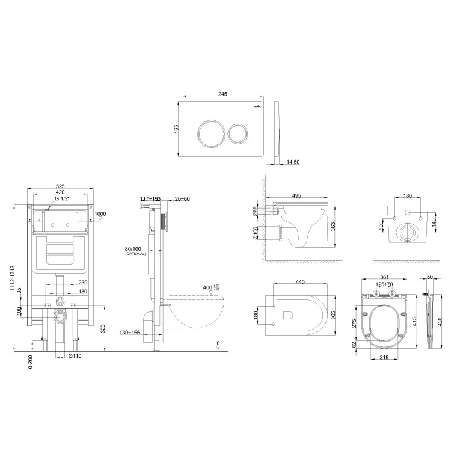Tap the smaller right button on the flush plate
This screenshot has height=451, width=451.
point(238,133)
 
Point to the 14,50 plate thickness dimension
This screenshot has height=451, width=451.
point(293,162)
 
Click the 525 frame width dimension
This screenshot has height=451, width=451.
point(60,186)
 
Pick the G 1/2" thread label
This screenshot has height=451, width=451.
point(63,198)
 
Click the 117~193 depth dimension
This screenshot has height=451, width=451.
point(150,199)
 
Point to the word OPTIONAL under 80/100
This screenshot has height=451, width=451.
point(135,254)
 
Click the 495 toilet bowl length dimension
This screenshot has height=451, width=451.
point(298,195)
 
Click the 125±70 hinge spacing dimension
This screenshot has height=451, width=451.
point(383,284)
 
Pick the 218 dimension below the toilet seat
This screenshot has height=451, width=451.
point(382,358)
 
